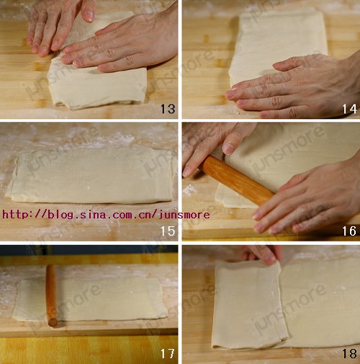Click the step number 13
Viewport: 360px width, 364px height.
click(x=168, y=109)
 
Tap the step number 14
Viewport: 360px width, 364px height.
click(x=349, y=109)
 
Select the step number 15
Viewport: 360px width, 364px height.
click(x=168, y=231)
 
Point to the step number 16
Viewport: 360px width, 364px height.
click(x=349, y=231)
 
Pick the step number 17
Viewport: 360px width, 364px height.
click(x=168, y=354)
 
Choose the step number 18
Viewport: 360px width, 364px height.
click(x=349, y=354)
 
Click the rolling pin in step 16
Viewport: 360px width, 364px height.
click(x=237, y=180)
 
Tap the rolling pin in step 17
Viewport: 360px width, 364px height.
click(x=51, y=296)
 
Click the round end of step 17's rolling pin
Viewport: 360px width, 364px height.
click(x=53, y=322)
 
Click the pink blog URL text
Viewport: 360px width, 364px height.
click(x=106, y=214)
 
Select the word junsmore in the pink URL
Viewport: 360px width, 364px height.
click(x=184, y=214)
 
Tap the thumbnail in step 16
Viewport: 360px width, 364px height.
click(x=228, y=148)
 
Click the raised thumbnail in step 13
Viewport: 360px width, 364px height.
click(x=89, y=16)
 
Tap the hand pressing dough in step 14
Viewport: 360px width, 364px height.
click(x=295, y=86)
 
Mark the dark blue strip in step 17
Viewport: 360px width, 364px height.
click(x=89, y=250)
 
